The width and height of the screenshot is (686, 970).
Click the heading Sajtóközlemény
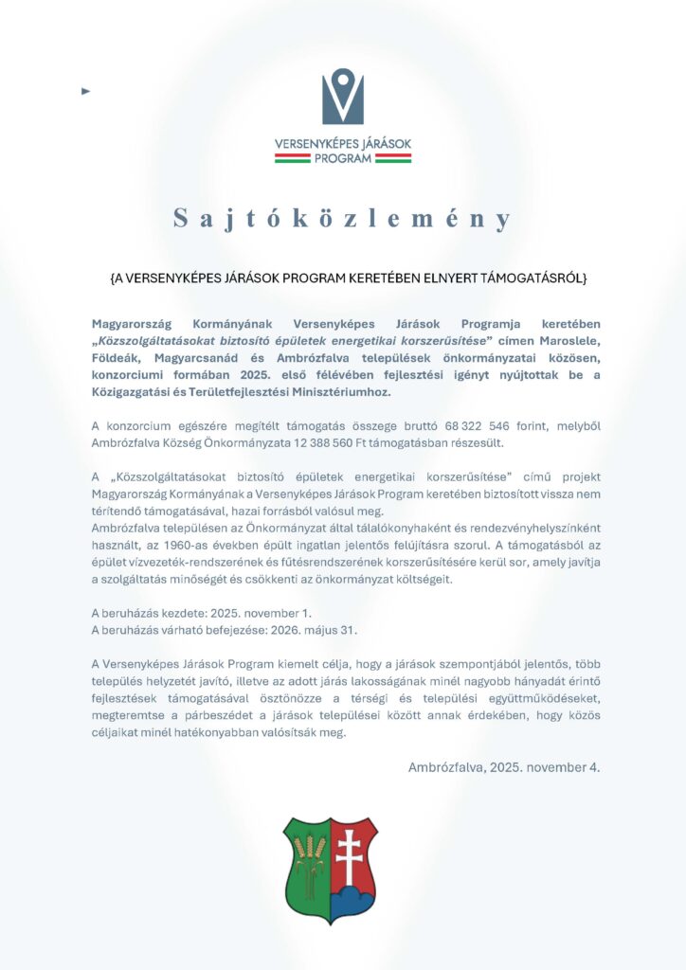coord(342,219)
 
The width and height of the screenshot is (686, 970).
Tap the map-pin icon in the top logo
coord(342,96)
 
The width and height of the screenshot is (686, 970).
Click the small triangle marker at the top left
coord(86,91)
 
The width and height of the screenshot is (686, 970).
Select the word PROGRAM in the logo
coord(343,158)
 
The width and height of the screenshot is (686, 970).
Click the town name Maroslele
coord(568,341)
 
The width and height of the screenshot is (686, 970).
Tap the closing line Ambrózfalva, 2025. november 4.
coord(503,766)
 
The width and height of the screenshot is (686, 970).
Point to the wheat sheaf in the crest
coord(307,857)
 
